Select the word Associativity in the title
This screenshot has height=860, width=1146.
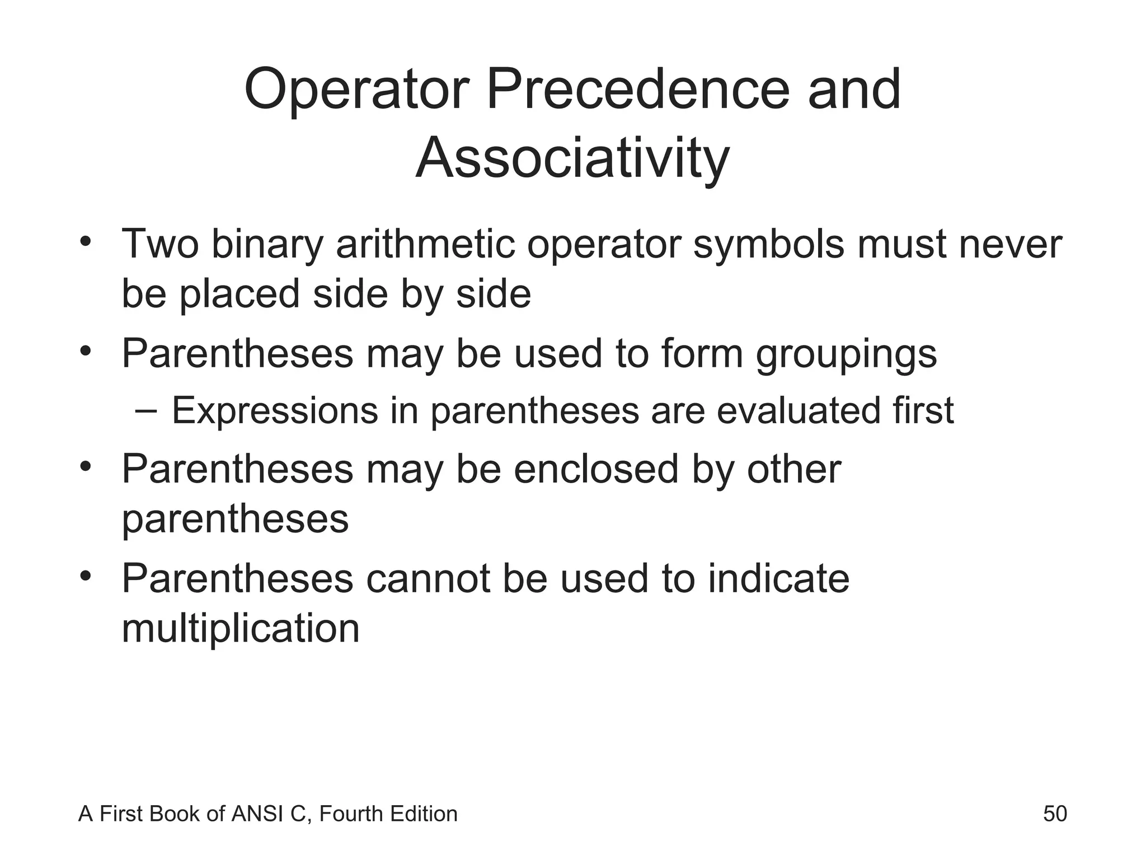(572, 158)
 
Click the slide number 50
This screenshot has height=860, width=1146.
(1055, 814)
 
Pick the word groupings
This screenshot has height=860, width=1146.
(846, 354)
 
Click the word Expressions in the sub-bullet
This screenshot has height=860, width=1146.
(275, 410)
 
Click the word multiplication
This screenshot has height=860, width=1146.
(241, 628)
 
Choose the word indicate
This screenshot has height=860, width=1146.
(778, 578)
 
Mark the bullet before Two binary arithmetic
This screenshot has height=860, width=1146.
(85, 242)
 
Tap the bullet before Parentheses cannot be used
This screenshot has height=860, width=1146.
(85, 576)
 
